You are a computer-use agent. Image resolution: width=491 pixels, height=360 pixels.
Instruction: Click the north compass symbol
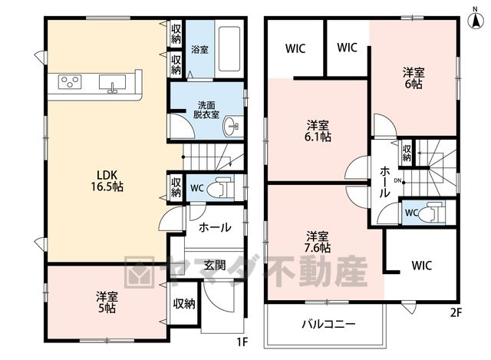[x=476, y=20]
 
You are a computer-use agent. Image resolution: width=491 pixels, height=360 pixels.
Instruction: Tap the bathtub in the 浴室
[x=229, y=48]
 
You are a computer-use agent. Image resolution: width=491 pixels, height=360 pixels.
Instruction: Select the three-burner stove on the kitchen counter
[x=70, y=82]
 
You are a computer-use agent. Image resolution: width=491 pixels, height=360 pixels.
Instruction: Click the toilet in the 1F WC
[x=222, y=188]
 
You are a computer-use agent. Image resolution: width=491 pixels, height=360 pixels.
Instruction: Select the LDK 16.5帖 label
[x=107, y=181]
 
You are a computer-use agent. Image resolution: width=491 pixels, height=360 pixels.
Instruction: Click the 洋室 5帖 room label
[x=107, y=302]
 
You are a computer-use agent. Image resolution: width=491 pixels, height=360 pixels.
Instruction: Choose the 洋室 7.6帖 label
[x=318, y=242]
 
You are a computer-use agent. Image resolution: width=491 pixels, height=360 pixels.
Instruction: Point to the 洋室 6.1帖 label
[x=318, y=131]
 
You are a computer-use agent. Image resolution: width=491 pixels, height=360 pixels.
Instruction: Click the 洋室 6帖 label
[x=414, y=78]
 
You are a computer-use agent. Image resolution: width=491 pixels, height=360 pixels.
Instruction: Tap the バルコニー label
[x=328, y=324]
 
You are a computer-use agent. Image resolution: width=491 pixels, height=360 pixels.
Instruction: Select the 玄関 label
[x=215, y=265]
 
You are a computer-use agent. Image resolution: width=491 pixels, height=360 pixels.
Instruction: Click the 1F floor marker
[x=242, y=342]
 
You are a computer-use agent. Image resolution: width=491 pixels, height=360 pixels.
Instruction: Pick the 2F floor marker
[x=456, y=312]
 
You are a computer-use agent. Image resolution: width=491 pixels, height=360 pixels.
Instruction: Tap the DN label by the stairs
[x=397, y=180]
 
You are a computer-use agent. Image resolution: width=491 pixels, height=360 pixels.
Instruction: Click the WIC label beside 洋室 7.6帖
[x=421, y=266]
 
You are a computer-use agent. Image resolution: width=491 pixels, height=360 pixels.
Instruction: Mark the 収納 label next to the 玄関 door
[x=184, y=303]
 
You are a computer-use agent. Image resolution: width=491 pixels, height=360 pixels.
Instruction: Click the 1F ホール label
[x=215, y=227]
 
